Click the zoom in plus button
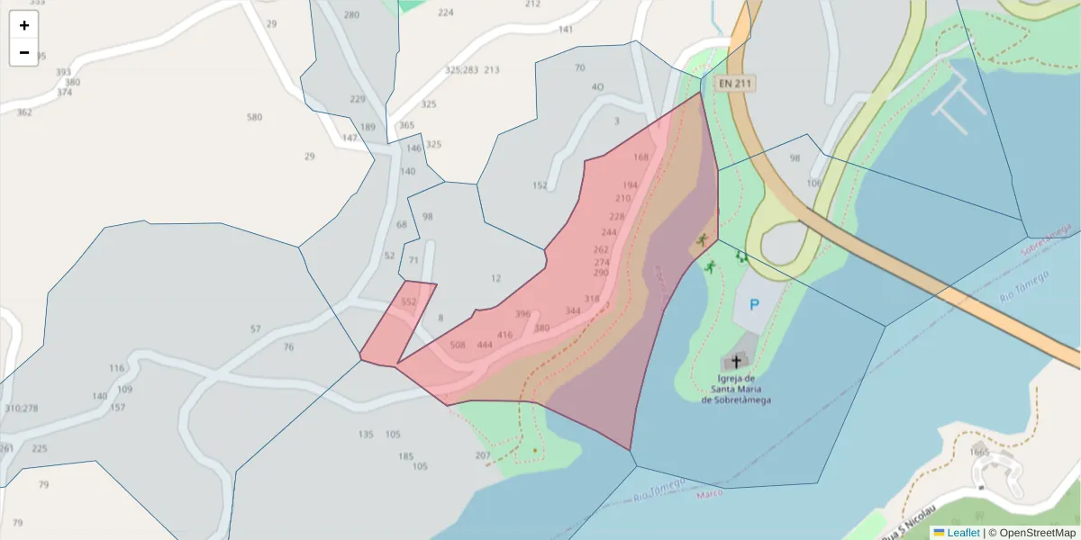tap(24, 25)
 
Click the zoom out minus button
tap(24, 52)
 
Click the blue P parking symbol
tap(754, 305)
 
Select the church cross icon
tap(736, 362)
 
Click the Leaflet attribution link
tap(963, 533)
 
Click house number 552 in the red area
tap(409, 302)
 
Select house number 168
tap(640, 157)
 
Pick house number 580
tap(254, 117)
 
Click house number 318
tap(592, 299)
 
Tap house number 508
tap(458, 345)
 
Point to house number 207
tap(483, 455)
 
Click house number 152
tap(540, 185)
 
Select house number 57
tap(256, 329)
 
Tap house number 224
tap(445, 13)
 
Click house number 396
tap(522, 314)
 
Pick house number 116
tap(117, 368)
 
